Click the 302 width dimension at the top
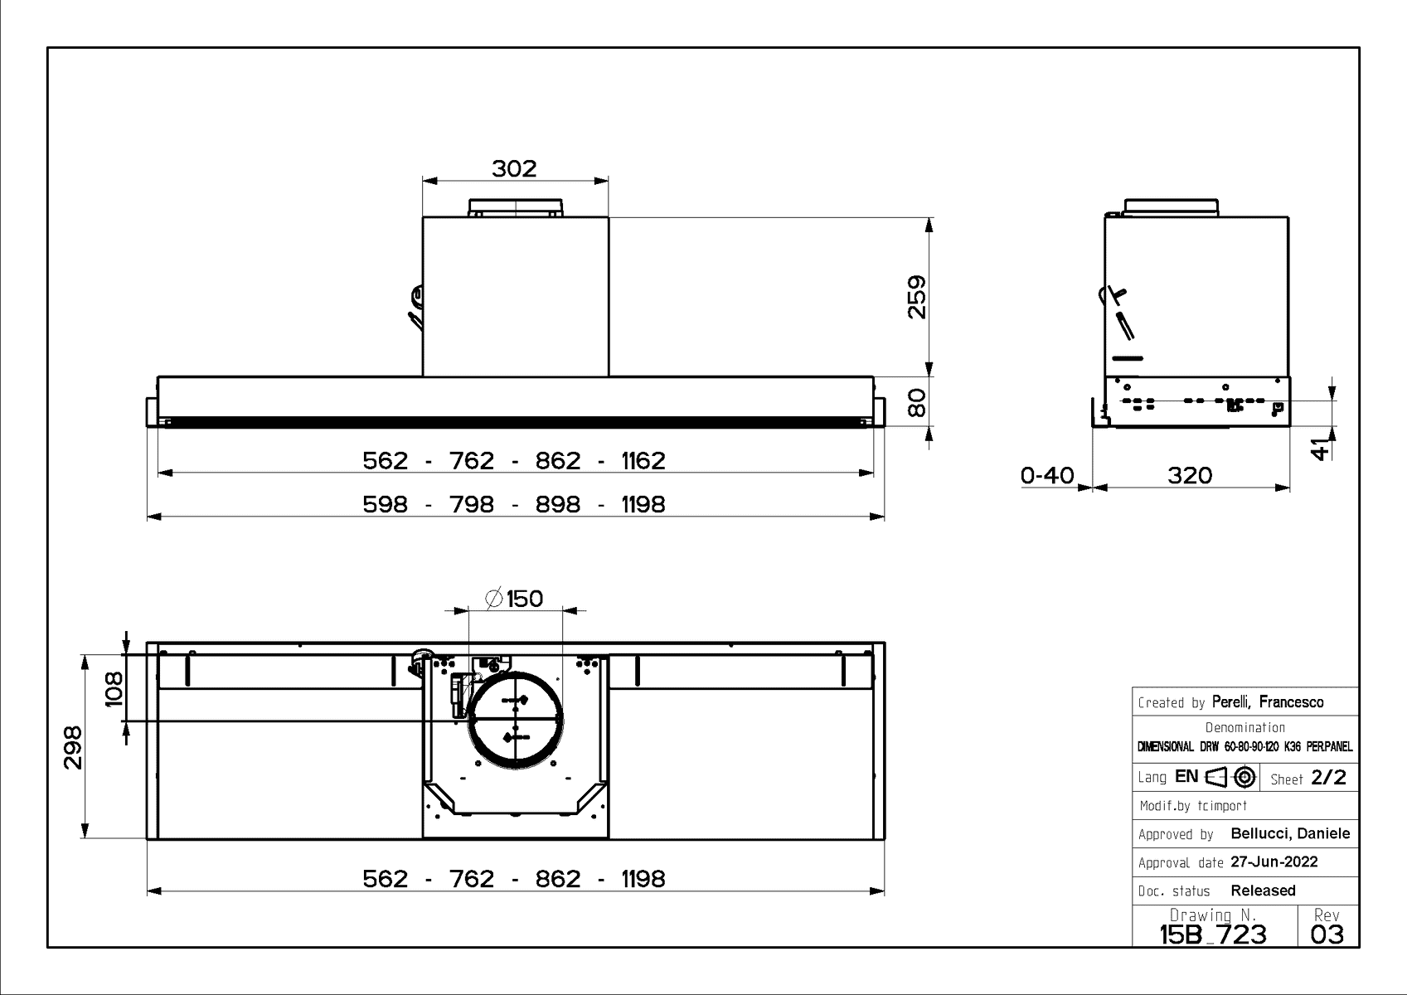coord(514,168)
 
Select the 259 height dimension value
coord(916,297)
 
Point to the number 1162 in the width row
coord(643,460)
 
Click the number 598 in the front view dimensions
coord(386,504)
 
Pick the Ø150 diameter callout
coord(514,598)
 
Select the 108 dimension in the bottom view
coord(114,688)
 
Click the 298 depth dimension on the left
coord(73,747)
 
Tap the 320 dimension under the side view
coord(1190,475)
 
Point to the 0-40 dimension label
coord(1047,475)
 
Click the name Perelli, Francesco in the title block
coord(1268,701)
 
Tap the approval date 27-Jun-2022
coord(1274,862)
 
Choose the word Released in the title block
coord(1263,891)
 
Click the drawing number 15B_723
coord(1213,934)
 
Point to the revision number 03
coord(1327,934)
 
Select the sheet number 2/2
coord(1329,778)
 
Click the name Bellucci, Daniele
coord(1290,833)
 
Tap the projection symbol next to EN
coord(1231,777)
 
